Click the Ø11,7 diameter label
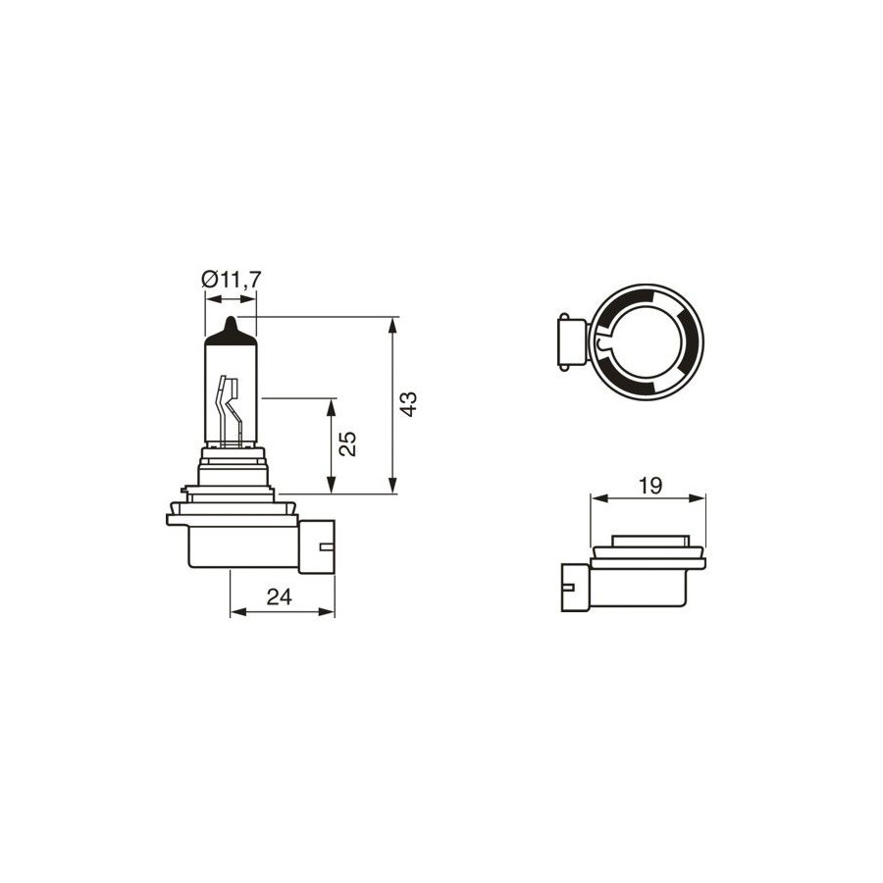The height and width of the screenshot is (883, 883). [x=232, y=280]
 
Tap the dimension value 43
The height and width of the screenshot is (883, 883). [x=408, y=404]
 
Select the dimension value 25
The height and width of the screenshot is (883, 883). [x=347, y=443]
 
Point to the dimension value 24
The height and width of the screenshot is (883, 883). [x=280, y=597]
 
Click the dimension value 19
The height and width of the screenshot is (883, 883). [x=650, y=486]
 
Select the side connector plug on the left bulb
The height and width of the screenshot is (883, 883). [x=317, y=546]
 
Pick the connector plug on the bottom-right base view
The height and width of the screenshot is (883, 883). [x=575, y=588]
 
